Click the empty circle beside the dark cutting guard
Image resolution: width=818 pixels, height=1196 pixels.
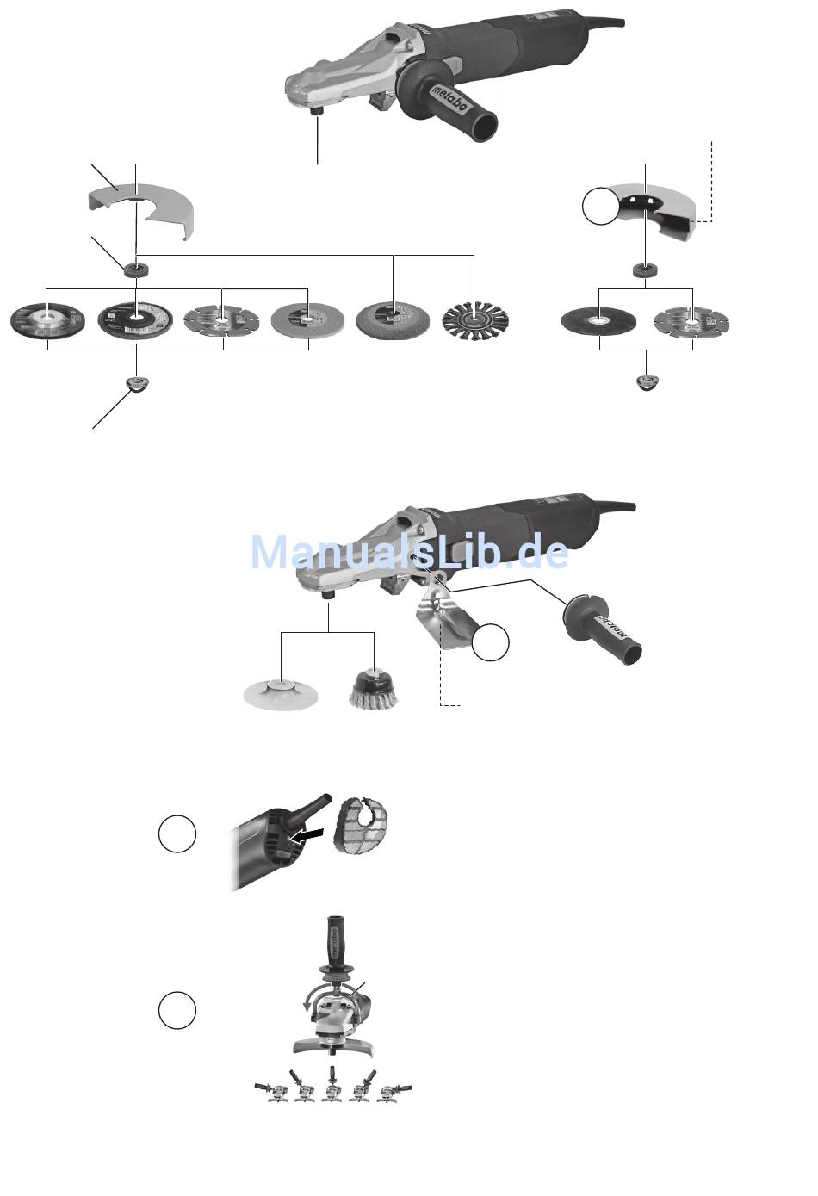(x=601, y=207)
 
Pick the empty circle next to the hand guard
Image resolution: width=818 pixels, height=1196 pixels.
(x=491, y=642)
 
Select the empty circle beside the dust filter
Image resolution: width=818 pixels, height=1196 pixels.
(x=177, y=834)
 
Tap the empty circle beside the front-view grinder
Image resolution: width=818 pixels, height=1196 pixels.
(x=177, y=1009)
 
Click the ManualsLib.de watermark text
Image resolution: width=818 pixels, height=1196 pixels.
(x=409, y=552)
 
